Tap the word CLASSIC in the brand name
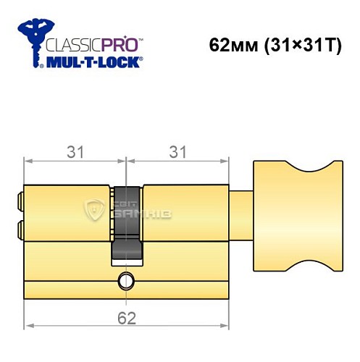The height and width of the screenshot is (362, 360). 70,44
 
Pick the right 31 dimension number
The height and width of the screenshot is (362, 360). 177,151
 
